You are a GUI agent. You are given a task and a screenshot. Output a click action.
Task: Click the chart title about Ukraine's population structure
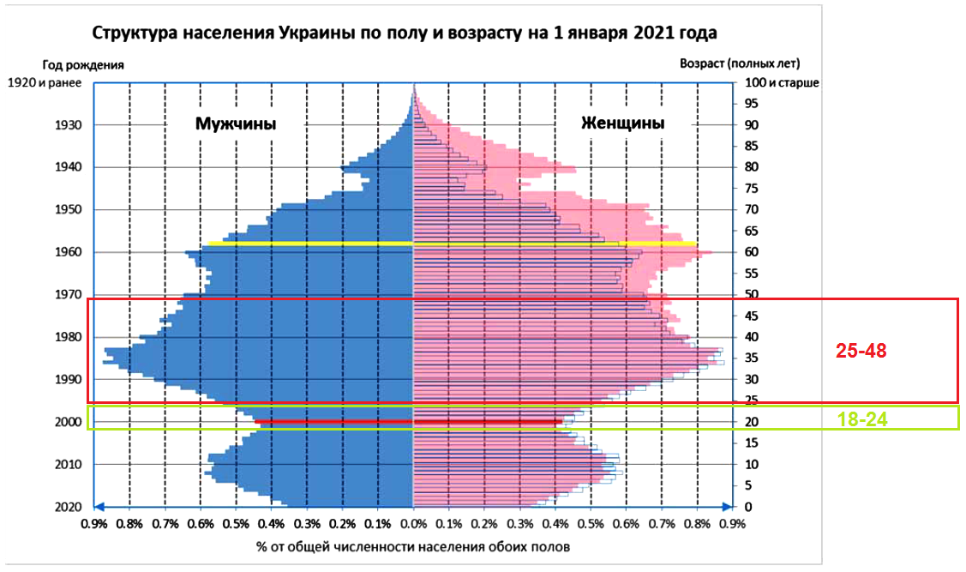tap(404, 33)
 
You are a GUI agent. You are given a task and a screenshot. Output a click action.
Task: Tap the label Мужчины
tap(236, 123)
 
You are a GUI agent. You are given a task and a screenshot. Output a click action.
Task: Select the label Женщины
tap(622, 123)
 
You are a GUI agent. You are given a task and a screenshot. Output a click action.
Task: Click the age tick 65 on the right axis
tap(753, 231)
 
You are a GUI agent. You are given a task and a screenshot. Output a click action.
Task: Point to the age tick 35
tap(753, 358)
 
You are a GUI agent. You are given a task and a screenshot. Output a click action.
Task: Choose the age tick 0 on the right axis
tap(749, 506)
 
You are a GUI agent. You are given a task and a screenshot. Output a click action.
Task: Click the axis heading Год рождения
tap(83, 64)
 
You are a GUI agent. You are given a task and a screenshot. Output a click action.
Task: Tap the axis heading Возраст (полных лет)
tap(739, 64)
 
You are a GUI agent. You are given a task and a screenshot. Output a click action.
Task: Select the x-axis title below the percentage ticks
tap(412, 545)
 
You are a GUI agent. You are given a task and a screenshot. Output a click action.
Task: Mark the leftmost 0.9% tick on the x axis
tap(94, 524)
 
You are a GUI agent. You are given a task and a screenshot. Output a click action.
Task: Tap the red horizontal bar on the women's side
tap(488, 422)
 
